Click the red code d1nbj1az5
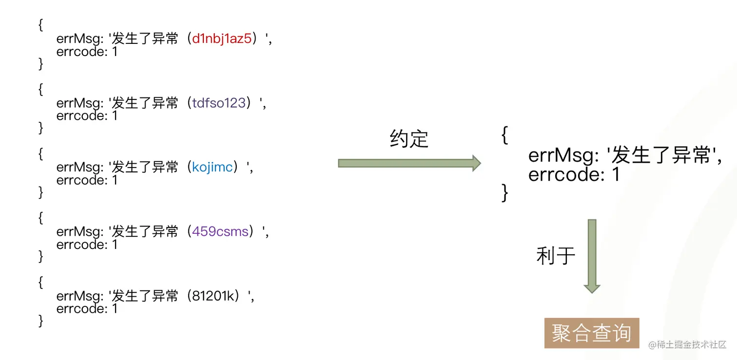(x=222, y=39)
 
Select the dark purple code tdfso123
(x=219, y=103)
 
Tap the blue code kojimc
(x=212, y=168)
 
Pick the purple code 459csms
(x=220, y=231)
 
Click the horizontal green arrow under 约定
(x=409, y=163)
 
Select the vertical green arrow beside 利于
(x=592, y=256)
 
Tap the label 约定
(x=409, y=139)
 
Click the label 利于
(x=556, y=256)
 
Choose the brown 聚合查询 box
(x=592, y=333)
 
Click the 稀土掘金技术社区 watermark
(x=687, y=344)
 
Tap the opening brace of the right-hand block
(x=504, y=135)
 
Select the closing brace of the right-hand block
(x=504, y=192)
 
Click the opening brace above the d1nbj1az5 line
(x=40, y=25)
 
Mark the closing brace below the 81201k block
(x=40, y=321)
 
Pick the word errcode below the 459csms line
(x=80, y=245)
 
